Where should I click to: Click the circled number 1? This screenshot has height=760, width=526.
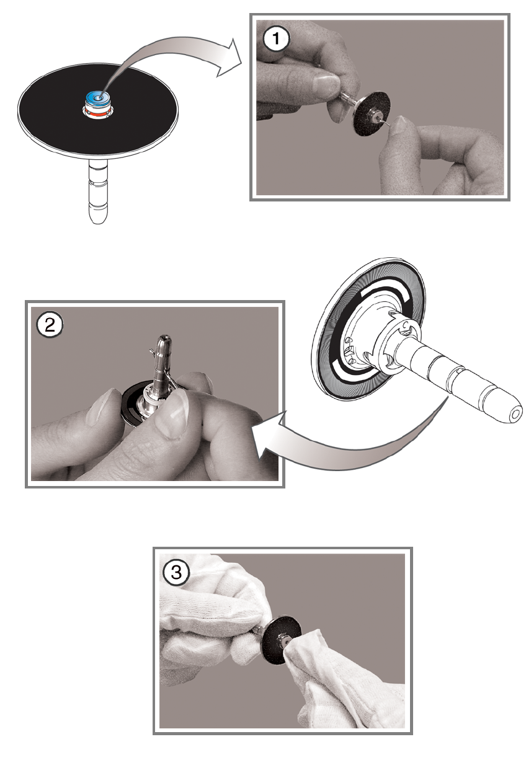[x=276, y=38]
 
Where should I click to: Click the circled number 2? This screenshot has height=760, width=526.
[x=50, y=325]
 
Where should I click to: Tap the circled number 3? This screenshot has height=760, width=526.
[x=176, y=572]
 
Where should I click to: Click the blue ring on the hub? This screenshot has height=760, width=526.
[x=98, y=98]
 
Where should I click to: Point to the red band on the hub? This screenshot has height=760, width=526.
[x=98, y=114]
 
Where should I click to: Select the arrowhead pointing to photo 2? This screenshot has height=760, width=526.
[x=266, y=435]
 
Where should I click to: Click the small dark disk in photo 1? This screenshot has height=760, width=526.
[x=371, y=112]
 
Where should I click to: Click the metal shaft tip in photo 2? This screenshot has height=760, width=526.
[x=164, y=340]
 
